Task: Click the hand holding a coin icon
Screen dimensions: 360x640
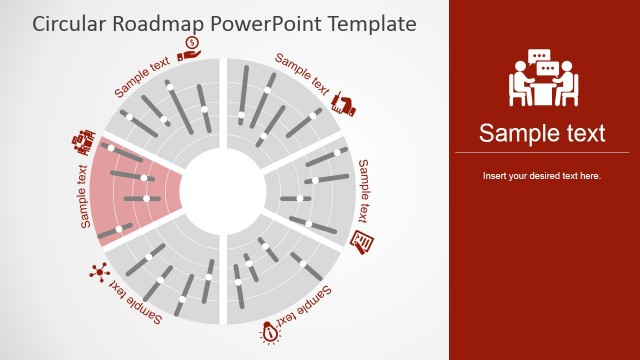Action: [189, 48]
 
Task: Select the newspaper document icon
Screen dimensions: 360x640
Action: [363, 240]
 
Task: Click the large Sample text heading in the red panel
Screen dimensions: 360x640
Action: [542, 133]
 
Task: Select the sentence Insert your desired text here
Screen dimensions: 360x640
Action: [542, 176]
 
